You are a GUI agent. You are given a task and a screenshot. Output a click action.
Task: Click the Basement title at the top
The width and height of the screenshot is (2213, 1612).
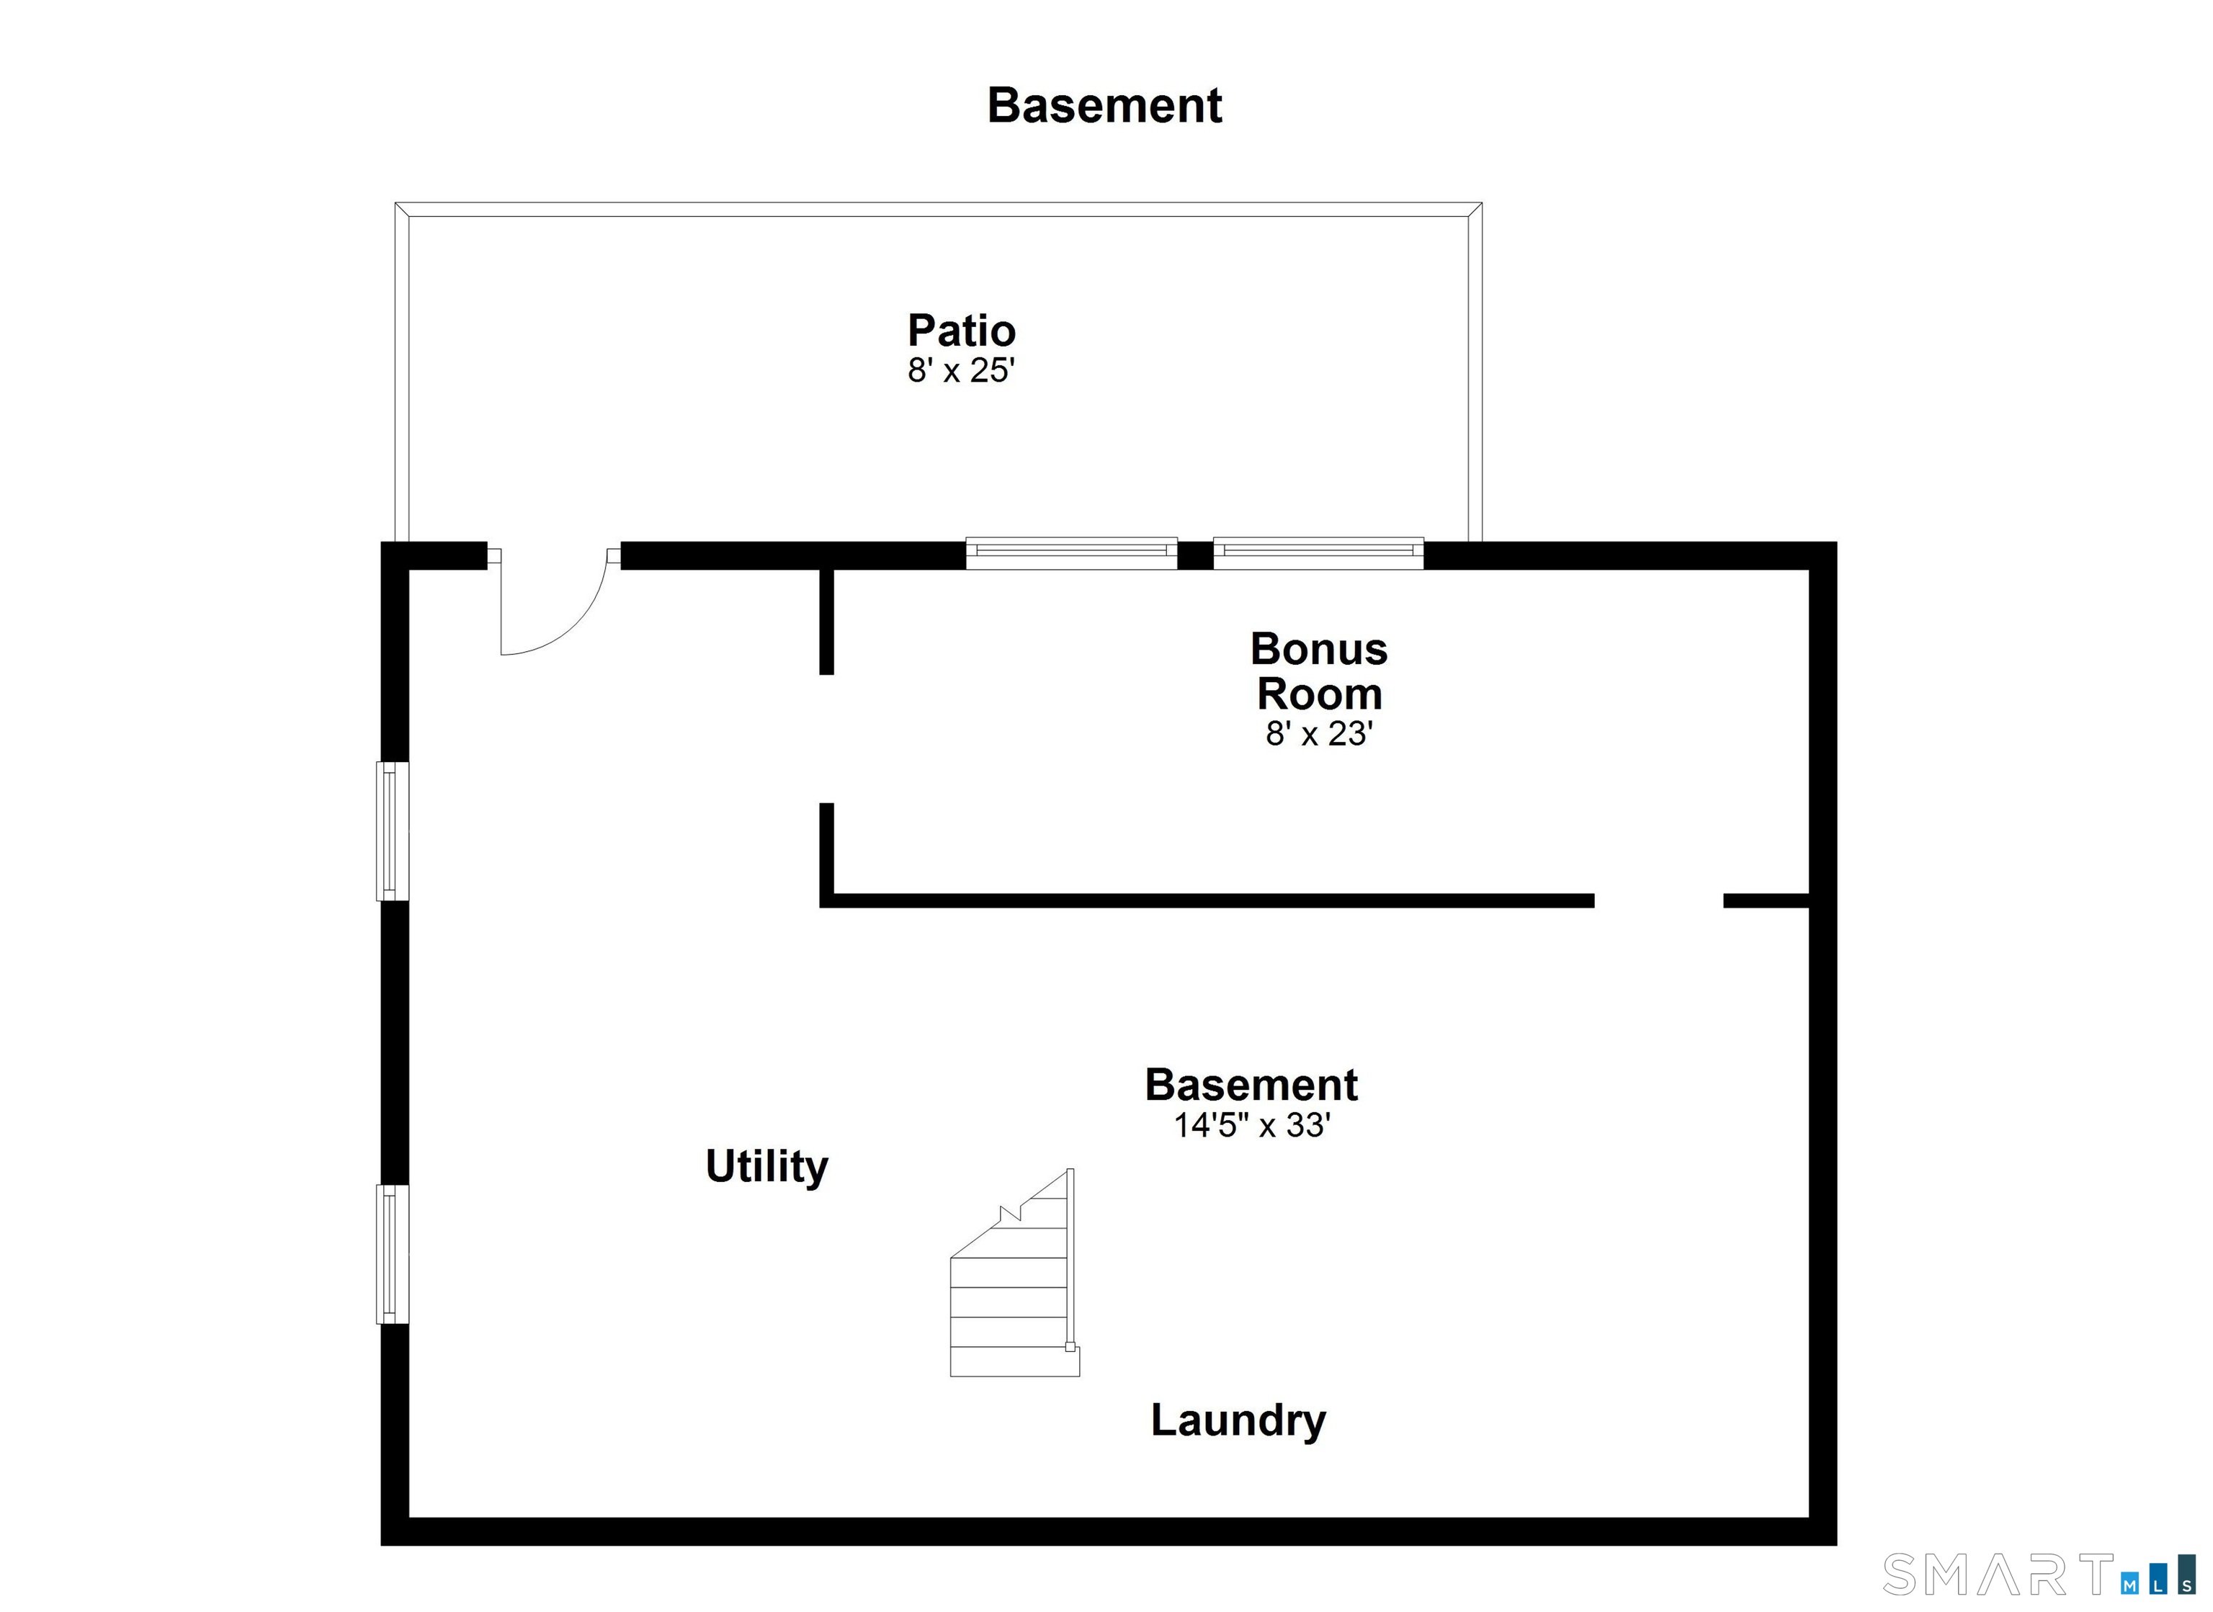(1104, 105)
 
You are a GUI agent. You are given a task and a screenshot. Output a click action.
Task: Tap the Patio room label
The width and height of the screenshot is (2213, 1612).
(962, 331)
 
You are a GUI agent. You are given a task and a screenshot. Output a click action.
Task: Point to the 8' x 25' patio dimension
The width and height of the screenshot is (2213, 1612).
(962, 371)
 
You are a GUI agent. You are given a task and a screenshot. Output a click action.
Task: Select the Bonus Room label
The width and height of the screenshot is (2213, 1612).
(1319, 671)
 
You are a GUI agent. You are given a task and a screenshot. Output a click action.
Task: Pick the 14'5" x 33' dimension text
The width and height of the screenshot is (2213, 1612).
(1252, 1125)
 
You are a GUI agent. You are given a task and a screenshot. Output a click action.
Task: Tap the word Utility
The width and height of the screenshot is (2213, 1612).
(767, 1167)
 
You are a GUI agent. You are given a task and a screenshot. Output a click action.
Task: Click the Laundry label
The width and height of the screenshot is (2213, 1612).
(1238, 1420)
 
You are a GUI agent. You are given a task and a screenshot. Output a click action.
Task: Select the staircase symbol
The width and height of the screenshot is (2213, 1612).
(1015, 1273)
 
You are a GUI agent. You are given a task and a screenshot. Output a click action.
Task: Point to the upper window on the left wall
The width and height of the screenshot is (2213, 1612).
(393, 831)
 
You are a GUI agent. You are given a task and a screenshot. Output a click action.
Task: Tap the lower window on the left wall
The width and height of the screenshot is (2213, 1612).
(393, 1254)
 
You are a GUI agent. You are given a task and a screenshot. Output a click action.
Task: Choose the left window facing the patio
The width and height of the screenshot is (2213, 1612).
(1071, 553)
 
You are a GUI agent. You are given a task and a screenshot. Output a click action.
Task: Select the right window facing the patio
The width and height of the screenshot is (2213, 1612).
(1318, 553)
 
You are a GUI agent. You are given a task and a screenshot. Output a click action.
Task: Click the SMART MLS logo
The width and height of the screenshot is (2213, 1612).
(2039, 1576)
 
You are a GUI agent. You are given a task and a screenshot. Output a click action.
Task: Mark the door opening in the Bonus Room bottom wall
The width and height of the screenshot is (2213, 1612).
(1659, 900)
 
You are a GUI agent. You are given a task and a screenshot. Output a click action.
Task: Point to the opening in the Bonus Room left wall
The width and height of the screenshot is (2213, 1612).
(826, 739)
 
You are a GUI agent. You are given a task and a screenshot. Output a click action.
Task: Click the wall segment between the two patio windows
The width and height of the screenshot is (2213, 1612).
(1195, 555)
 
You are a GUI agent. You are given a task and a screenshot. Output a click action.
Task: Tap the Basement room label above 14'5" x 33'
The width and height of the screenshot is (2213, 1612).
(1252, 1085)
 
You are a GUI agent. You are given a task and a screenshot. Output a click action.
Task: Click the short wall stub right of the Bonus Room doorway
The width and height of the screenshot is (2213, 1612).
(1767, 900)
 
